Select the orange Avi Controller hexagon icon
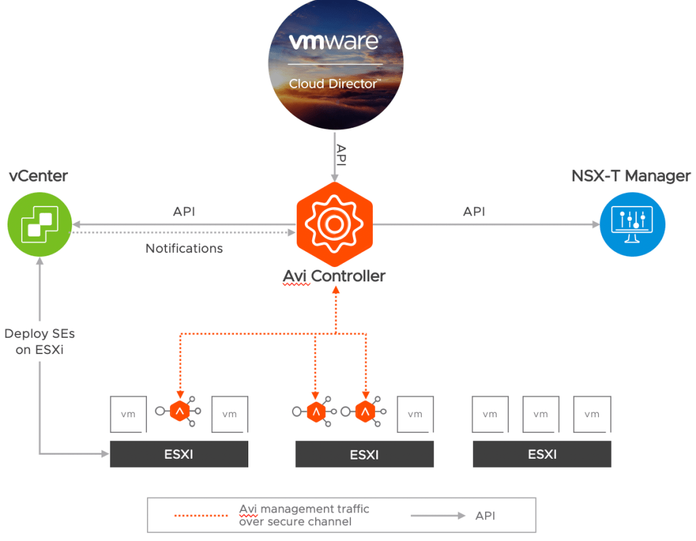pos(333,224)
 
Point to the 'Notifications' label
pos(184,249)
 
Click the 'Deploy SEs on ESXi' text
pos(39,342)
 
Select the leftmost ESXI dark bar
pos(179,454)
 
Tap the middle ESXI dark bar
pos(364,454)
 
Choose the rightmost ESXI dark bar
pos(542,454)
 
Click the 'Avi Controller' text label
pos(333,277)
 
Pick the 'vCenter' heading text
pos(38,176)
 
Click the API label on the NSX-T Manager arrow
pos(474,211)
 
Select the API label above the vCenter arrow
pos(184,211)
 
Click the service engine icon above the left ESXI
pos(179,411)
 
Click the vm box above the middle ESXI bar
pos(414,414)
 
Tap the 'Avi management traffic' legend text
pos(303,509)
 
